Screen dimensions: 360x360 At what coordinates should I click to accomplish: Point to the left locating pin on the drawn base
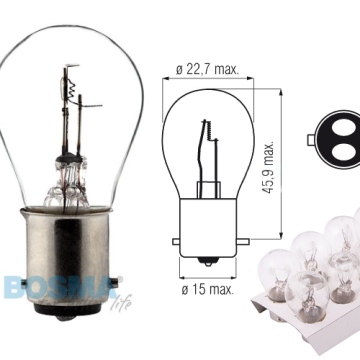point(178,242)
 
